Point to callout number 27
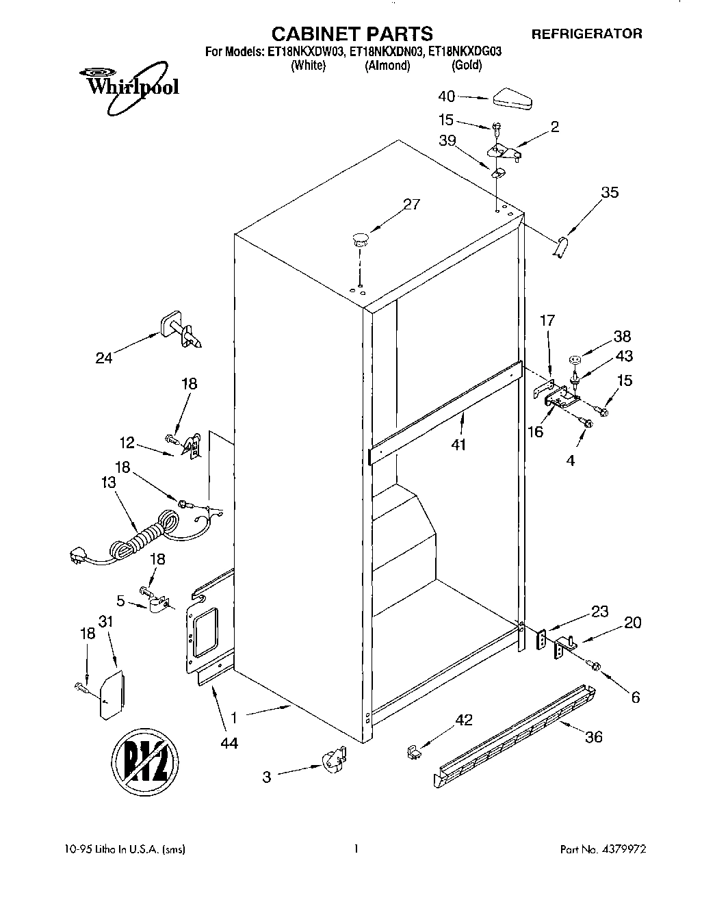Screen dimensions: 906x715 (x=412, y=204)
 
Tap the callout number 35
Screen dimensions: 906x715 (x=609, y=192)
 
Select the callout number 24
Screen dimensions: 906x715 (x=104, y=357)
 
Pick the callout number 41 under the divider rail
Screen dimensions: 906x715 (x=458, y=445)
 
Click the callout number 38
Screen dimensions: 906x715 (x=622, y=337)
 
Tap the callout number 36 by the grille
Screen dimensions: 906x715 (x=593, y=736)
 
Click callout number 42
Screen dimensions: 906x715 (x=464, y=721)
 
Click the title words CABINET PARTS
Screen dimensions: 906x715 (x=352, y=34)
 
